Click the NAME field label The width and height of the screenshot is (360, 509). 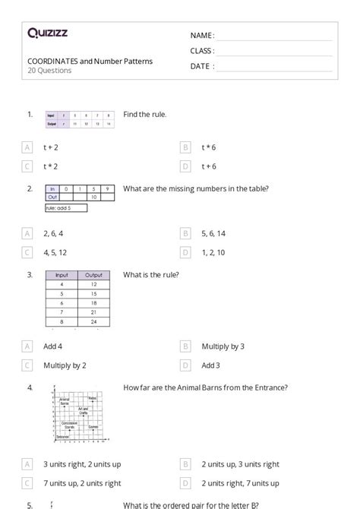point(202,36)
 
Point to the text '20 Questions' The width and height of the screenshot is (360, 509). point(49,71)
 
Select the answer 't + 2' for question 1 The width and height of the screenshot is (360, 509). point(51,147)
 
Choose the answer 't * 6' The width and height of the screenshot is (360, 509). point(209,147)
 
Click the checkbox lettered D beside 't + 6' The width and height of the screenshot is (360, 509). point(185,166)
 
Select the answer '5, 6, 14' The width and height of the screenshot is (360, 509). point(213,233)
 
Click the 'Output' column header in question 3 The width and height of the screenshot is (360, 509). point(94,275)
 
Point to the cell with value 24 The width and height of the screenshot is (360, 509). point(94,321)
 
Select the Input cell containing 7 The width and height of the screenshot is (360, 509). point(62,312)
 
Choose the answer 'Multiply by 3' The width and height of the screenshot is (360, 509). point(223,346)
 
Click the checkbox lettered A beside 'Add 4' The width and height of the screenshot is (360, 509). point(27,346)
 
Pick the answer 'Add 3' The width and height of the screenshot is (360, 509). point(210,365)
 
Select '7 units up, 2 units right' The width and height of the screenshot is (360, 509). point(82,483)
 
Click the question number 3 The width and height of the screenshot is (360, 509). point(30,274)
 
